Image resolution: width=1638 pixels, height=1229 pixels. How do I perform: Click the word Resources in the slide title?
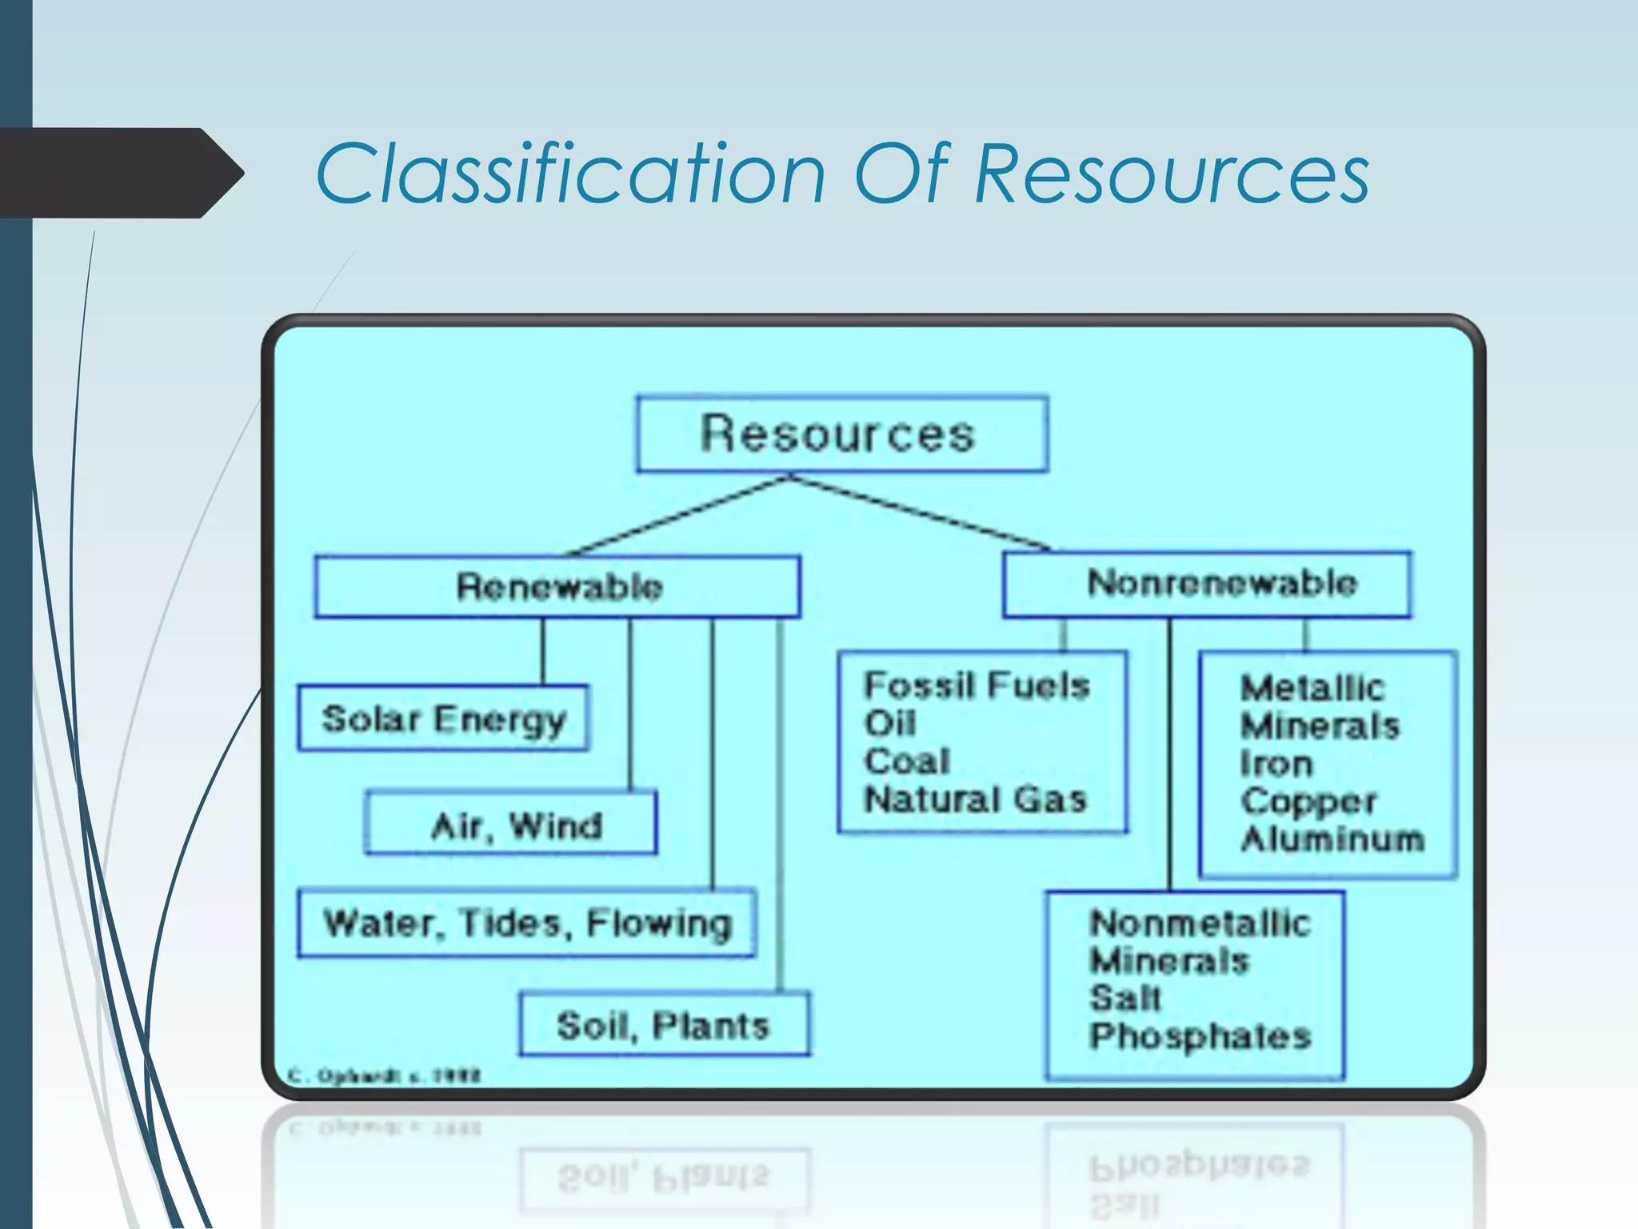1172,174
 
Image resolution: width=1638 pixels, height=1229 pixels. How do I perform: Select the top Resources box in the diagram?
841,433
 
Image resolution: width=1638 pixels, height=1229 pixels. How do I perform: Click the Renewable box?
557,586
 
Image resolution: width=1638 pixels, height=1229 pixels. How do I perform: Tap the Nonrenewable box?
1207,583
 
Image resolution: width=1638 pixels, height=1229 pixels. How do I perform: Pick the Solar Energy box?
443,719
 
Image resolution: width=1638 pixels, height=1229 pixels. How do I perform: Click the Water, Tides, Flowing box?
526,923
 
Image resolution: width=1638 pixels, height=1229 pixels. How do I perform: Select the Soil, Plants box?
664,1025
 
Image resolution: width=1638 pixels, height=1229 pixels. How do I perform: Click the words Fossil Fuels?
977,686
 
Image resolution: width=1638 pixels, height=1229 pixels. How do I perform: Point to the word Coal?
907,761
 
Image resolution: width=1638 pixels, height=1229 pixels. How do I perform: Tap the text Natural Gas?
976,799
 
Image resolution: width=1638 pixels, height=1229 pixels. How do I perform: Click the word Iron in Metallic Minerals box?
1276,764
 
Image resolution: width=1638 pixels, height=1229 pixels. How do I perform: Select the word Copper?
1308,801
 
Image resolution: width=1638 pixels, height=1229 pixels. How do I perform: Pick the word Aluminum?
1332,839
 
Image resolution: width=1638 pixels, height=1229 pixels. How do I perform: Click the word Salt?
1125,998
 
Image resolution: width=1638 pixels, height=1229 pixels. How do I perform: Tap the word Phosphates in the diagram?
1200,1036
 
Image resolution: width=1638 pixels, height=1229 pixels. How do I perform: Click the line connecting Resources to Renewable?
680,516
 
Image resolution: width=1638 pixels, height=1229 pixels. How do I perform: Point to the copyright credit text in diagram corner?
384,1076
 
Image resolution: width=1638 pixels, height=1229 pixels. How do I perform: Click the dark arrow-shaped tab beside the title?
120,173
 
